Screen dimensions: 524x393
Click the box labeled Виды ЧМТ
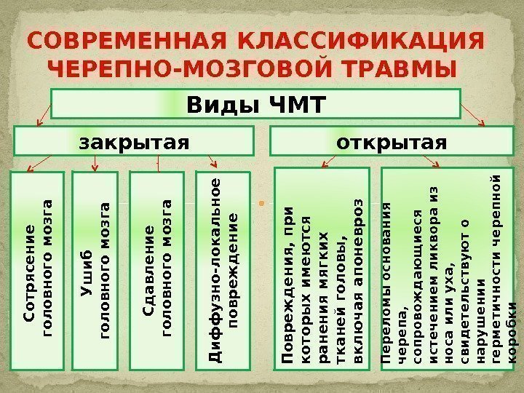[255, 103]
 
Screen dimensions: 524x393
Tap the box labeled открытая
[390, 140]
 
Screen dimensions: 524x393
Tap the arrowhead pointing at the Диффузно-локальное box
[213, 163]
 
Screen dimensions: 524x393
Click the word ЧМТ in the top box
[295, 103]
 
